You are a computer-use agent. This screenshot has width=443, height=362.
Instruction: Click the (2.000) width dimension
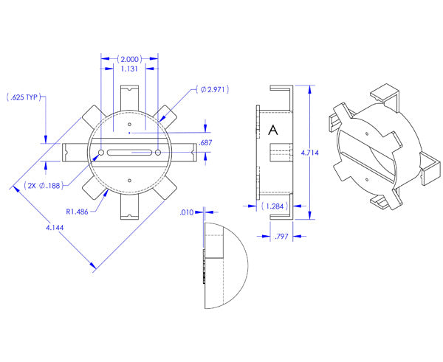[129, 58]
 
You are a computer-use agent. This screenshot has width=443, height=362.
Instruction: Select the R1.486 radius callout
[77, 211]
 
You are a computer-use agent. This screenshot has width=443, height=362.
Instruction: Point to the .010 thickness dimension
[187, 212]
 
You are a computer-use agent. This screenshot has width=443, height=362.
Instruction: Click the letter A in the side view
[272, 130]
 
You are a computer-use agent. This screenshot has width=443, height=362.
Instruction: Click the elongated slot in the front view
[129, 153]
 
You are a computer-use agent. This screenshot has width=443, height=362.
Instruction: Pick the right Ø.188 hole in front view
[159, 153]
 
